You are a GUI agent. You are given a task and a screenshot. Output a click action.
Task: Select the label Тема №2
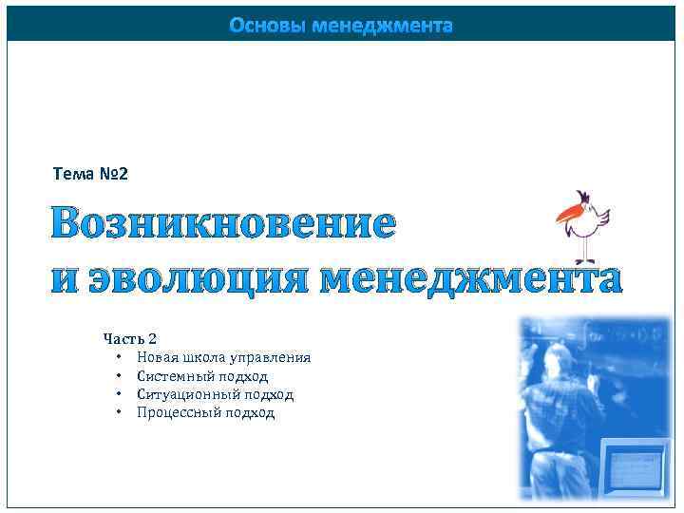90,175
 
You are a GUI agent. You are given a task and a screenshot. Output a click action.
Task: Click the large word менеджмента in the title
470,278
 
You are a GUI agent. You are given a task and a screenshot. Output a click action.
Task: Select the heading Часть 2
130,338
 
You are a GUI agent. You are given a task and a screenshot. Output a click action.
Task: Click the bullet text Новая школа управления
223,357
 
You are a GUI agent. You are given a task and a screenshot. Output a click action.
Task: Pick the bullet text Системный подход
202,376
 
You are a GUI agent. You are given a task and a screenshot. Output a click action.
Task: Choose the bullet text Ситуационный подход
215,394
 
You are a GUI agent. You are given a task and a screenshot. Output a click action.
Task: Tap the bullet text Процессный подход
205,412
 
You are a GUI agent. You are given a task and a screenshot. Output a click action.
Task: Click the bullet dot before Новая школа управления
119,357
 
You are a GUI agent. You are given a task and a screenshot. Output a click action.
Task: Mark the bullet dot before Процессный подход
119,412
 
